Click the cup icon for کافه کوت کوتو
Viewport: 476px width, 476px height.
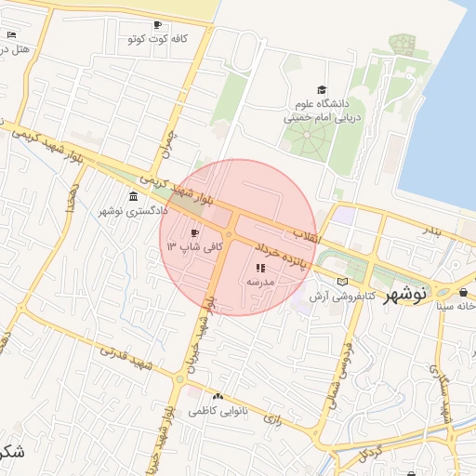point(157,25)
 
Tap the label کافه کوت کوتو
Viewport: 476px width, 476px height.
point(157,39)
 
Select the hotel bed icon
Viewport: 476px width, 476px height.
point(10,34)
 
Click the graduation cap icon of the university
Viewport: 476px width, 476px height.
point(322,90)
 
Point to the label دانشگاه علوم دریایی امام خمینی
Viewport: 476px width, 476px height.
point(321,112)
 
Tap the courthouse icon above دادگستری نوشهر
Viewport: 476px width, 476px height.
point(135,197)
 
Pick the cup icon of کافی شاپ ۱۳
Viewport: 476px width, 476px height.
point(194,232)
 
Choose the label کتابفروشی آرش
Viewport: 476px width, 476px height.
point(341,295)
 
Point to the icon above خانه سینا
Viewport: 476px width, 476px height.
point(463,293)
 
